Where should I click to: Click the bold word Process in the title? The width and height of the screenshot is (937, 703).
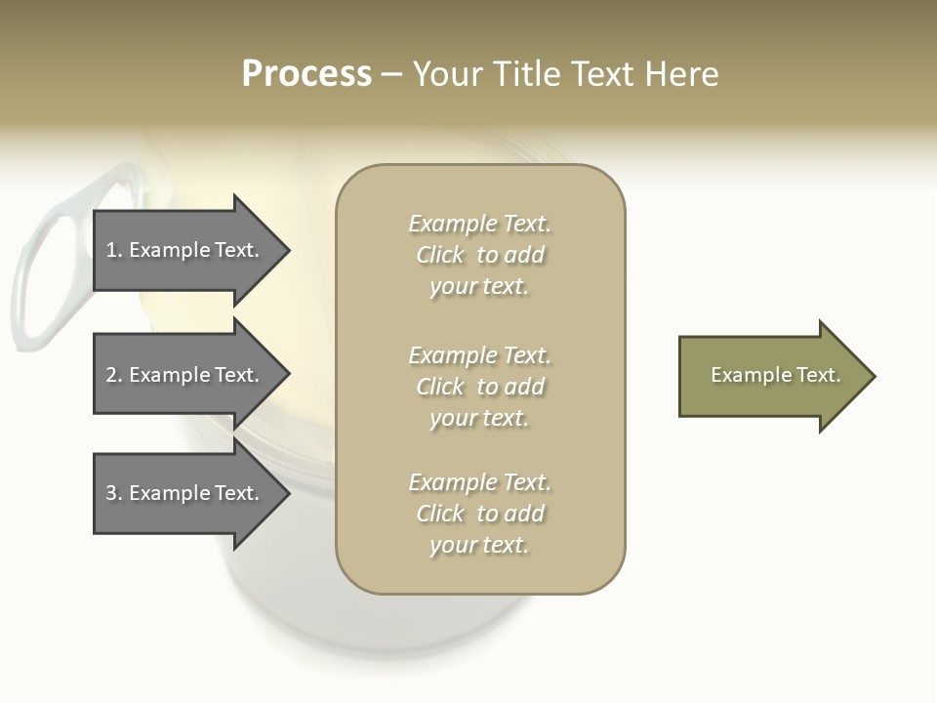(306, 74)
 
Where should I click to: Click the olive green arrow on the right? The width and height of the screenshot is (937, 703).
(771, 376)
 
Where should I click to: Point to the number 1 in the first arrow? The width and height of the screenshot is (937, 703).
(110, 250)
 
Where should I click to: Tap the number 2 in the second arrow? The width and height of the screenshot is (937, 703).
(110, 375)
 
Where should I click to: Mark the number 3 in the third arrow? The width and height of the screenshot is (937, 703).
(110, 493)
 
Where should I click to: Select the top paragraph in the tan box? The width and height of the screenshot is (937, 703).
(479, 255)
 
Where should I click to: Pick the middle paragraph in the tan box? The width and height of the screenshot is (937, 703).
(479, 387)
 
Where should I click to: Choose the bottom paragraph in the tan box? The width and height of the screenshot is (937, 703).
(479, 514)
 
